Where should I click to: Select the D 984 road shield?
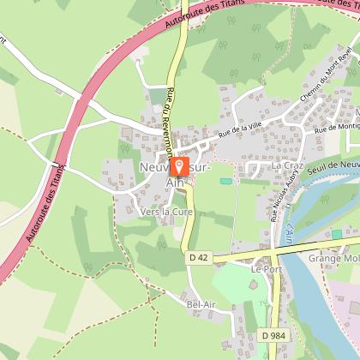(273, 335)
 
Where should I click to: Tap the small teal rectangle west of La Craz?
(225, 180)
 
